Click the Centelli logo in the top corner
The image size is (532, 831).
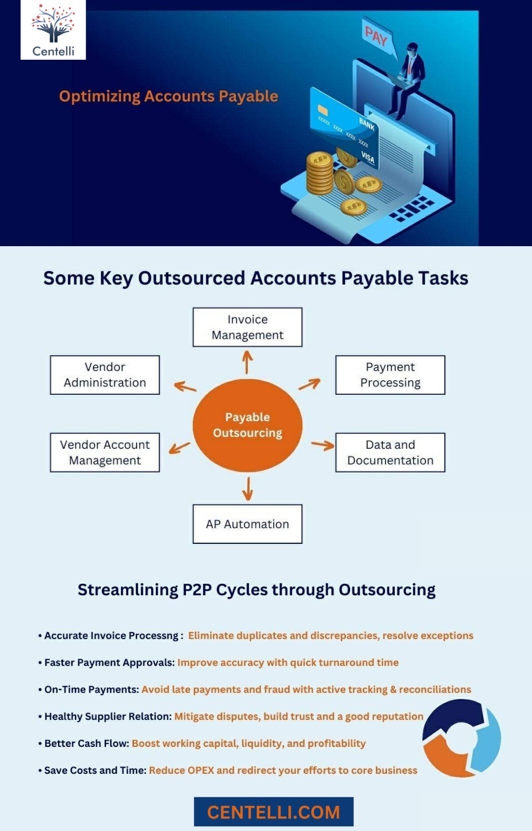(x=53, y=30)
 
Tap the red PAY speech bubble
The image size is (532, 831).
(x=378, y=37)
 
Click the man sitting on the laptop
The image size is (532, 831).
(x=407, y=78)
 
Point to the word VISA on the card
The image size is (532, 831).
(x=368, y=157)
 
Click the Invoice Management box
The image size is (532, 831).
(x=247, y=327)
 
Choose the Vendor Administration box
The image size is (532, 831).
(x=105, y=374)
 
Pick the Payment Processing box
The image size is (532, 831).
(x=390, y=374)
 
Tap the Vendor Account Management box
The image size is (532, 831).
(x=105, y=452)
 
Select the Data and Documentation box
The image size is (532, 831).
(x=390, y=452)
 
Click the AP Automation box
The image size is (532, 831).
(x=247, y=524)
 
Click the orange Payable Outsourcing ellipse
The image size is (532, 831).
(x=247, y=425)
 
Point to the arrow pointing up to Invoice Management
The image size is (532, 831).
(x=247, y=363)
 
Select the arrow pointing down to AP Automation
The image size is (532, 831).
(x=248, y=489)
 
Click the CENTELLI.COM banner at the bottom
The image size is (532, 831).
(x=274, y=812)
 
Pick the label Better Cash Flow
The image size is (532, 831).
(x=87, y=743)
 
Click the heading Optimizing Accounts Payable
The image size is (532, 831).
(x=168, y=96)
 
